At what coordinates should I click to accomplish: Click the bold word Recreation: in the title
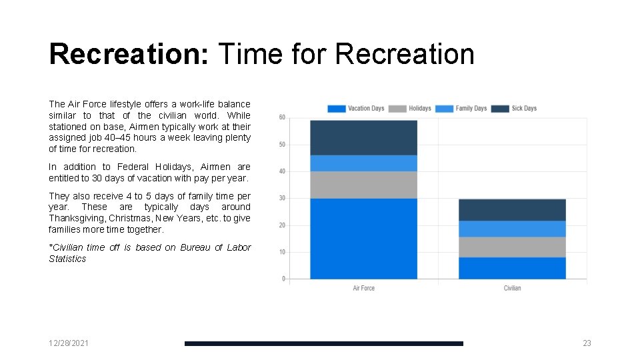click(129, 55)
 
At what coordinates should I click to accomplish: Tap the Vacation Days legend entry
click(357, 109)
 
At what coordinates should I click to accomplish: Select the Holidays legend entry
click(410, 109)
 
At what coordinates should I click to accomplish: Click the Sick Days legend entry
click(515, 109)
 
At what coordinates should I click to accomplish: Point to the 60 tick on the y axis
click(282, 118)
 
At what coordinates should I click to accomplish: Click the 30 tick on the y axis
click(282, 199)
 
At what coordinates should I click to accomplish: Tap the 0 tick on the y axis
click(283, 279)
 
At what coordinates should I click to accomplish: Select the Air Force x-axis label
click(363, 288)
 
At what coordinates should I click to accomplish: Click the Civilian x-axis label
click(512, 288)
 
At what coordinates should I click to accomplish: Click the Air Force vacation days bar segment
click(363, 239)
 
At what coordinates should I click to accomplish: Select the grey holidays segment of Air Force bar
click(363, 185)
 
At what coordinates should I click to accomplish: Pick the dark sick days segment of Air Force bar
click(363, 138)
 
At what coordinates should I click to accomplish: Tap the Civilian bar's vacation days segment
click(512, 268)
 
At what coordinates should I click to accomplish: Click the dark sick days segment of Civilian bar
click(512, 210)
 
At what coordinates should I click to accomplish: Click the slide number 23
click(587, 343)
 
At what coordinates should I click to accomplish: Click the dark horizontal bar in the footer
click(323, 343)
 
